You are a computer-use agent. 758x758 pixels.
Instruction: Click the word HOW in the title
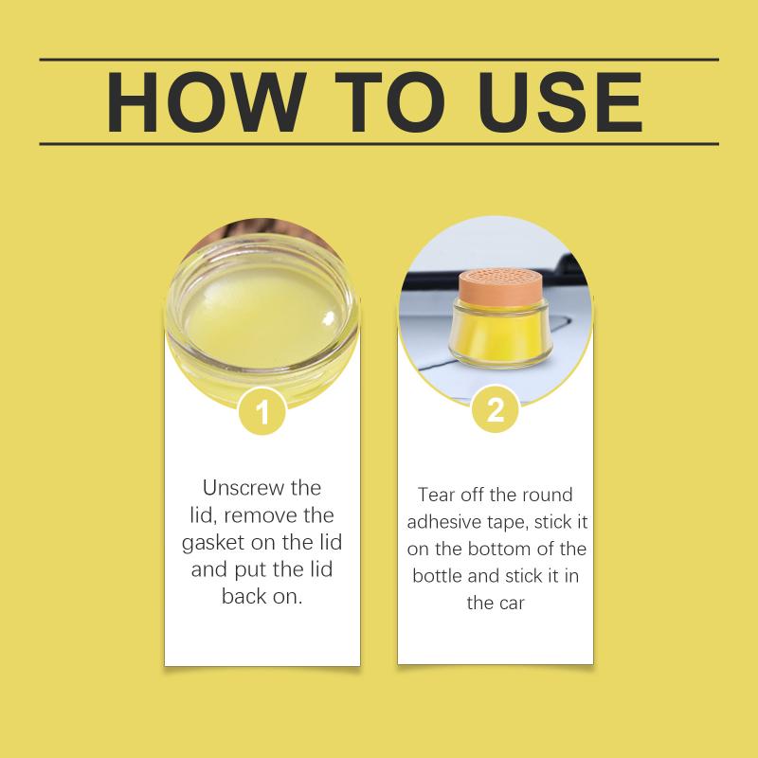[x=207, y=102]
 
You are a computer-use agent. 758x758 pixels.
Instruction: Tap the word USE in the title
[x=560, y=102]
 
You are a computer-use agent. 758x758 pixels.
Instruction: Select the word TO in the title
[x=389, y=102]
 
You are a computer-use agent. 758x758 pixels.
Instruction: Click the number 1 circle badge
[x=262, y=412]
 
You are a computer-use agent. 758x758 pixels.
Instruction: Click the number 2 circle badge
[x=496, y=410]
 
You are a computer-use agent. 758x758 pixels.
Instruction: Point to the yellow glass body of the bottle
[x=499, y=334]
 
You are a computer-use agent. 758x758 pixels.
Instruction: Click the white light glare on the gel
[x=329, y=317]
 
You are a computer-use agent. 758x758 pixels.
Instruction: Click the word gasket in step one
[x=214, y=543]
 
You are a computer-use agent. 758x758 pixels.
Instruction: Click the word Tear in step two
[x=436, y=495]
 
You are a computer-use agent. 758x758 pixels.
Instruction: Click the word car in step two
[x=512, y=605]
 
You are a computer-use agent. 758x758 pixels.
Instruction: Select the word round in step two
[x=550, y=495]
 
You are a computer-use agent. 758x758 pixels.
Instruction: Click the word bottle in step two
[x=437, y=576]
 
